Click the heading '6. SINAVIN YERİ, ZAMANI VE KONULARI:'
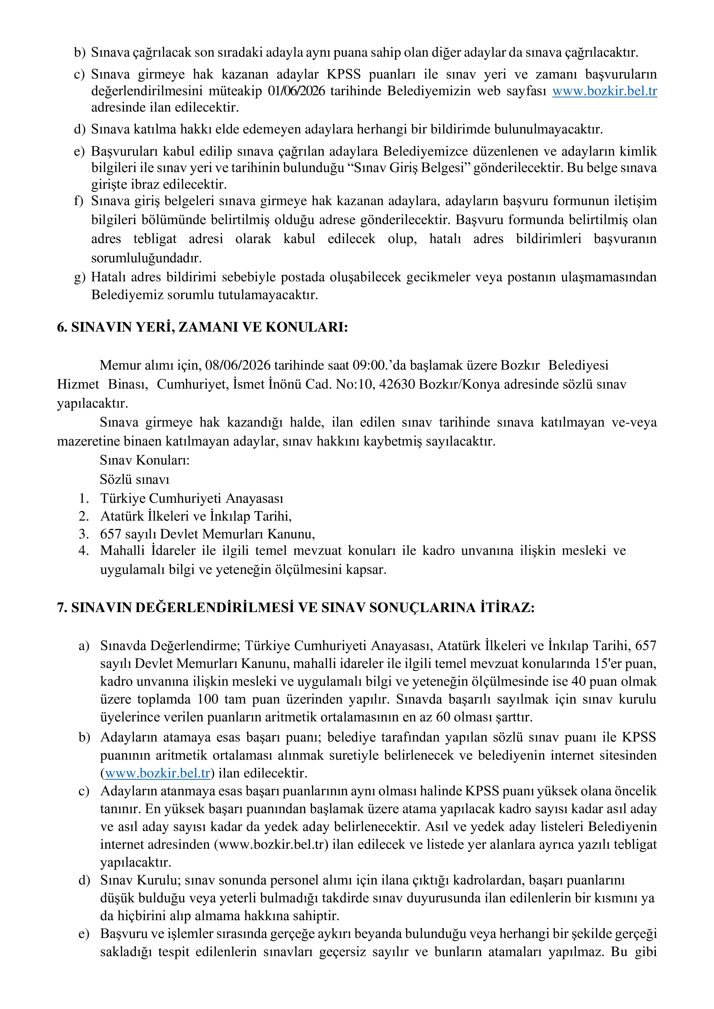[202, 328]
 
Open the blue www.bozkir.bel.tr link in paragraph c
[605, 91]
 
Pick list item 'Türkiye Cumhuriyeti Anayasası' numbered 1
[192, 498]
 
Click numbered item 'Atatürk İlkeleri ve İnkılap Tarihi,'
[196, 516]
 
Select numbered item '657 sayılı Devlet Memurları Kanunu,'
[207, 534]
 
